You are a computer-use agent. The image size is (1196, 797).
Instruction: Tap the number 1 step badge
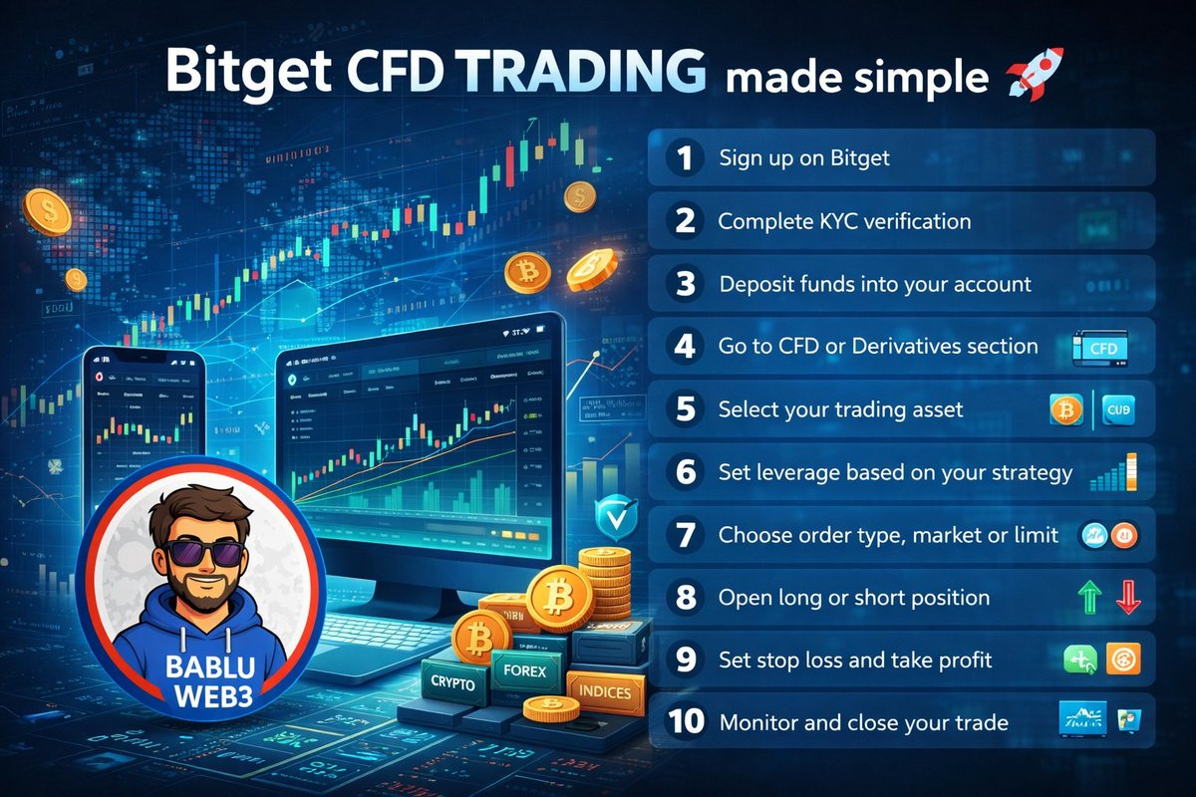pyautogui.click(x=684, y=158)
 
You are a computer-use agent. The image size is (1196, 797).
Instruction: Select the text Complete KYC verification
pyautogui.click(x=844, y=220)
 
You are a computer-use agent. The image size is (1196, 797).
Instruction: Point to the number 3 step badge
pyautogui.click(x=684, y=283)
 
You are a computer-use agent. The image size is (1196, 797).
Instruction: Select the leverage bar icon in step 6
pyautogui.click(x=1114, y=473)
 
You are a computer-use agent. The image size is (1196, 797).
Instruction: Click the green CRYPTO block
pyautogui.click(x=453, y=681)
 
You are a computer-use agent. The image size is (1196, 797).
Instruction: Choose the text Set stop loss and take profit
pyautogui.click(x=855, y=660)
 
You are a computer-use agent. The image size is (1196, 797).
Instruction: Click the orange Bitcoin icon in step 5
pyautogui.click(x=1066, y=409)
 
